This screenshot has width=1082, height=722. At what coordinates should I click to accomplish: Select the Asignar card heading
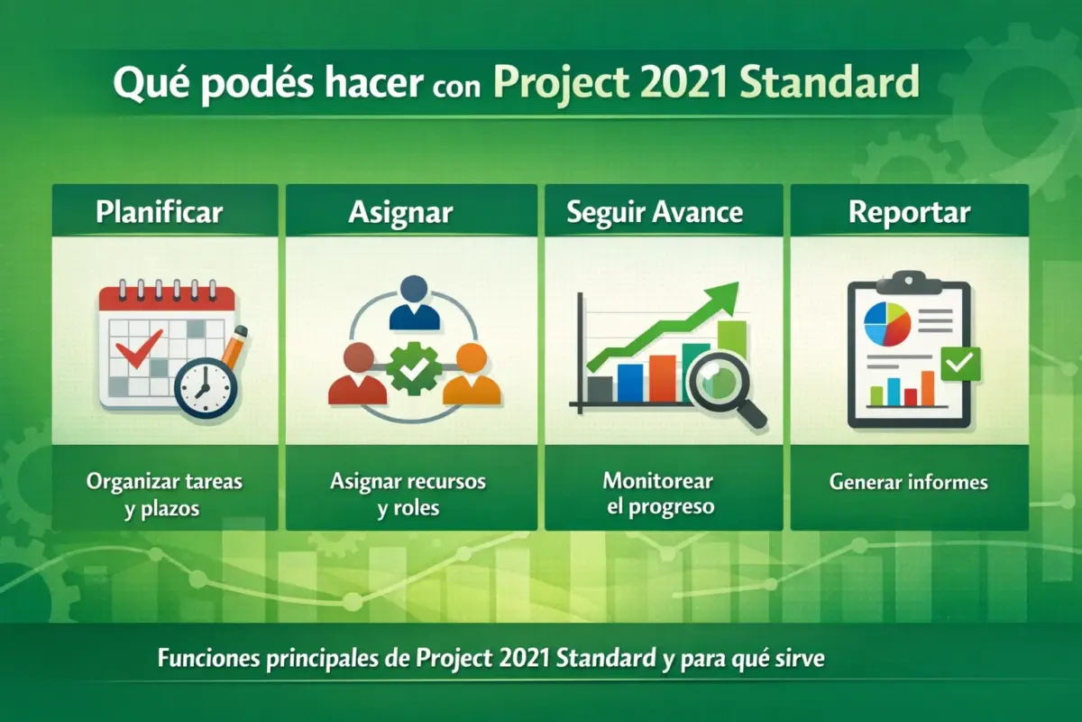400,213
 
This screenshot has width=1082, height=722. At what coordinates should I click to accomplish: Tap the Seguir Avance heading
655,213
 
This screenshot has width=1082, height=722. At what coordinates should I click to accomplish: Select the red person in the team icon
358,375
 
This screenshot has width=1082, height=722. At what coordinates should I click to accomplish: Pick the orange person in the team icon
470,375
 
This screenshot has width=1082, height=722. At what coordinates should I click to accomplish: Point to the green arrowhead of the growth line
721,298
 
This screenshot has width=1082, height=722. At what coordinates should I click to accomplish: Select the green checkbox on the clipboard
958,364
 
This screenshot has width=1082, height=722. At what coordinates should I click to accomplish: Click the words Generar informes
909,482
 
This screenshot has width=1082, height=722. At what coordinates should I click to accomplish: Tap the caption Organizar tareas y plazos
164,495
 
